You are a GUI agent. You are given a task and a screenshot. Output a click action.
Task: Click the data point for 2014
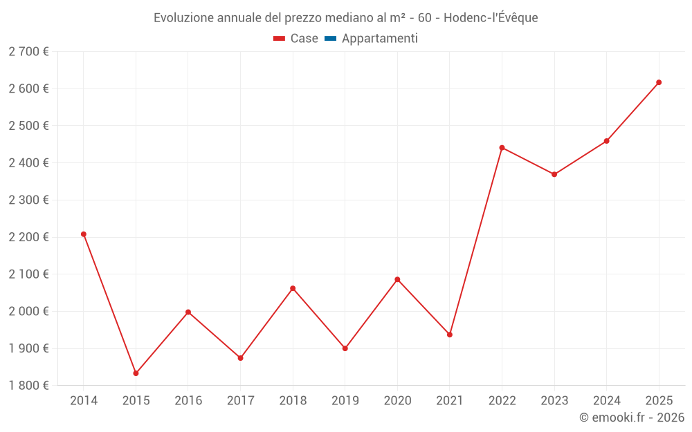(84, 234)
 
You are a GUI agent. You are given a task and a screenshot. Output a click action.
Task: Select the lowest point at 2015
(136, 373)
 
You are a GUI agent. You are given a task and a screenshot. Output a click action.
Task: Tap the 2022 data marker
(502, 148)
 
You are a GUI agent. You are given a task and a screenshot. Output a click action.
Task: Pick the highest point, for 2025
(659, 82)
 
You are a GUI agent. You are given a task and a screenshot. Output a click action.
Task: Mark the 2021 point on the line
(450, 335)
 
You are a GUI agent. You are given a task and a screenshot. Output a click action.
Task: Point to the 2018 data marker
(293, 288)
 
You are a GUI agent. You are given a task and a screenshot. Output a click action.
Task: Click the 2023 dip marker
(554, 174)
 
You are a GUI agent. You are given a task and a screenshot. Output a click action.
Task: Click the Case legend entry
(304, 39)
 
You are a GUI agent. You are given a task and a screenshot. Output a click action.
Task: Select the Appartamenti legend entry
(379, 39)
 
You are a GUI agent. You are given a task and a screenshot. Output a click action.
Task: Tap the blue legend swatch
(330, 39)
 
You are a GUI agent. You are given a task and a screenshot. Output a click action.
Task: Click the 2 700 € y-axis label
(28, 52)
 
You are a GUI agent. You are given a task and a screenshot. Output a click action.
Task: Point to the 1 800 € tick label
(28, 386)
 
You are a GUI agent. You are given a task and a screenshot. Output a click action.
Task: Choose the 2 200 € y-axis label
(28, 237)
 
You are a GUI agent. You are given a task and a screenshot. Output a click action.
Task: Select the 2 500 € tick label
(28, 126)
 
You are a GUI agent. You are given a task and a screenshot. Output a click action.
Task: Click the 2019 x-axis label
(345, 401)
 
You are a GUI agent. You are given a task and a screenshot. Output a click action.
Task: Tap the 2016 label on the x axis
(188, 401)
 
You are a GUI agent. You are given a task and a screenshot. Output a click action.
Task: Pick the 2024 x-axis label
(607, 401)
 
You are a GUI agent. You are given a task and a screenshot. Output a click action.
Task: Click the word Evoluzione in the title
(181, 18)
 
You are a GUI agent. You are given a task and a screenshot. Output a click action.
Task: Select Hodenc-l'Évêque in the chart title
(491, 18)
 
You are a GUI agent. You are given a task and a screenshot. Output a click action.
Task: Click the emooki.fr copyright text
(632, 417)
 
